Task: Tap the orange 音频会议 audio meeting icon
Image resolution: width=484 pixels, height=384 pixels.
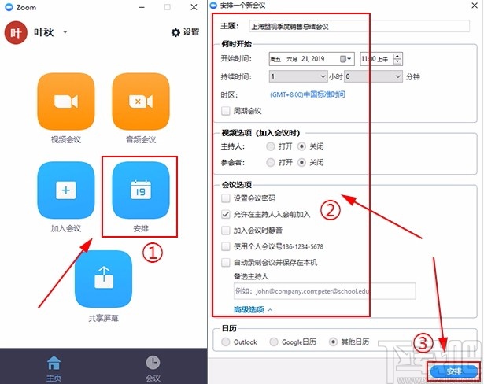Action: (140, 102)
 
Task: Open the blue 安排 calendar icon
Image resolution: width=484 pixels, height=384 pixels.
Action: (140, 190)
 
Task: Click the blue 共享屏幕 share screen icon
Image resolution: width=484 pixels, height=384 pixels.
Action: (103, 279)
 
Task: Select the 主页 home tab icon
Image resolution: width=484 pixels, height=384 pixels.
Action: (54, 362)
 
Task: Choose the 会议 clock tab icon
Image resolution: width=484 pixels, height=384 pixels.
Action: (153, 362)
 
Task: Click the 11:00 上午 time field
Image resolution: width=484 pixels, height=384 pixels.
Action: (376, 58)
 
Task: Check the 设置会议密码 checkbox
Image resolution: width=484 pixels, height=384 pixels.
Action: (227, 198)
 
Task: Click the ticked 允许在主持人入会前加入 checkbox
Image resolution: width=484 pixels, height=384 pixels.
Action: (227, 213)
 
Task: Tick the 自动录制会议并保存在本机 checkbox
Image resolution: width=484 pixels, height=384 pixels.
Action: (227, 262)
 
